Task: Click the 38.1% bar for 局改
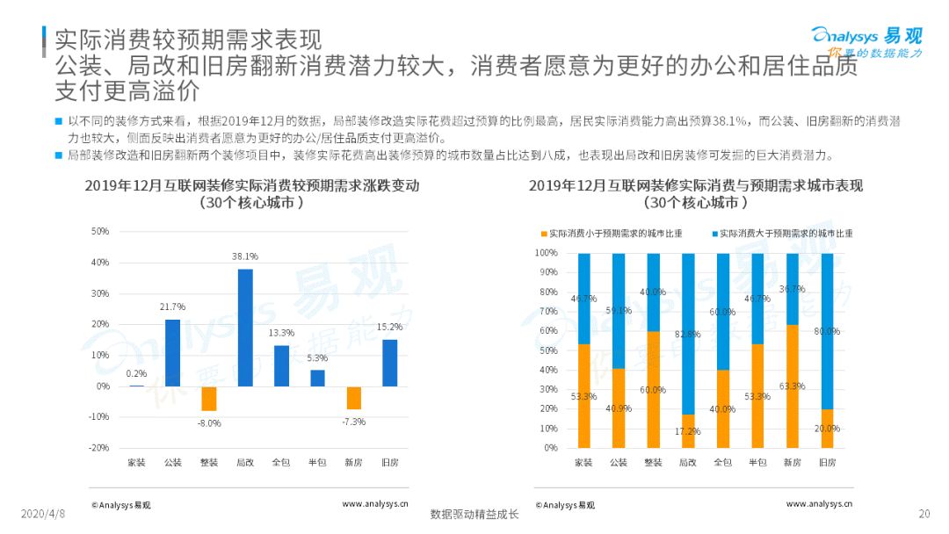tap(245, 327)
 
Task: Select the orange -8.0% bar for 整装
tap(209, 399)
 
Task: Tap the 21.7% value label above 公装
tap(173, 307)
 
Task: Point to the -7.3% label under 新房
tap(353, 422)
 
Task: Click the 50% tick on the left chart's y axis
tap(99, 232)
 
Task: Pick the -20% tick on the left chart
tap(99, 448)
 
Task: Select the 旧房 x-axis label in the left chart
tap(390, 462)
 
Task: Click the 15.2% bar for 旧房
tap(390, 363)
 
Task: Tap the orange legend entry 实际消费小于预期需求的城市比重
tap(620, 234)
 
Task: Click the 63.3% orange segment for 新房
tap(793, 386)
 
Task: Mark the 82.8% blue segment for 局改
tap(688, 334)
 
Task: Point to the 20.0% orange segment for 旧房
tap(827, 429)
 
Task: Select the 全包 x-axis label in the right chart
tap(722, 462)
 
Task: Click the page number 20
tap(924, 514)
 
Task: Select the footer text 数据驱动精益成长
tap(474, 515)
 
